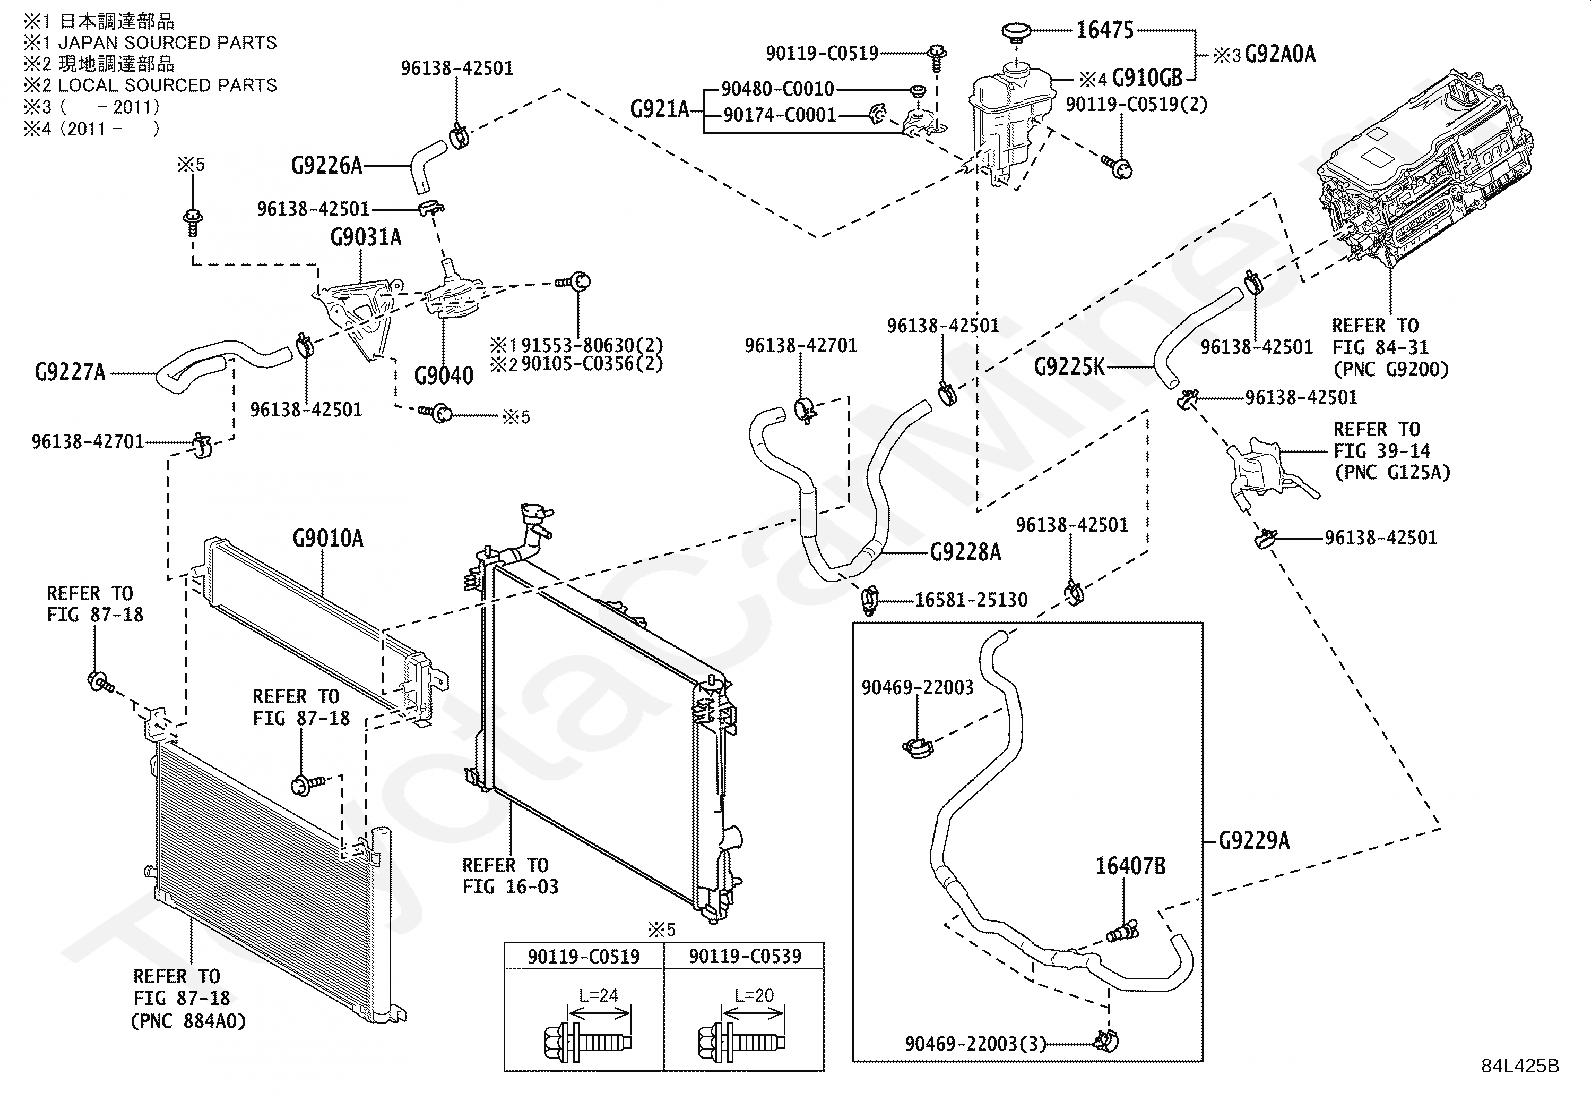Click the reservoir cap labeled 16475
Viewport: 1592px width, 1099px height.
(1016, 33)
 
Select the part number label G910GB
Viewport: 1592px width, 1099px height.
(1147, 77)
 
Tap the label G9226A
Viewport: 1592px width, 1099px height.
(327, 166)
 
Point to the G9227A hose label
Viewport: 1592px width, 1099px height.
(70, 372)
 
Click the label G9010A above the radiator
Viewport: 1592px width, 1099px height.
(328, 539)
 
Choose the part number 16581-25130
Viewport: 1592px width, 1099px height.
(971, 600)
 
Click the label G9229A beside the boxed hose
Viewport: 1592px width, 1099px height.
(1254, 841)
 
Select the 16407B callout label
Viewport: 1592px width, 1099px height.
(1130, 866)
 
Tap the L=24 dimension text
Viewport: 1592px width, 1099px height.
(598, 995)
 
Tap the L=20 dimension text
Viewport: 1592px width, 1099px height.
(754, 995)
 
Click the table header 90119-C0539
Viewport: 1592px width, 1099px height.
(745, 956)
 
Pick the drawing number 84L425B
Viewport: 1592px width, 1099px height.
(1520, 1065)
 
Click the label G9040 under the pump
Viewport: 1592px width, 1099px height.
(443, 375)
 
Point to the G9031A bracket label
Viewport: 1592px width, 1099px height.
(365, 237)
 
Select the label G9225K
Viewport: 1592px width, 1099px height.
(1069, 367)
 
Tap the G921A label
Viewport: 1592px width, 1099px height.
(660, 109)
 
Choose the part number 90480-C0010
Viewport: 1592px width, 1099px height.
(778, 89)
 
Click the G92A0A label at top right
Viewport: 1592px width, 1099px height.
(1280, 54)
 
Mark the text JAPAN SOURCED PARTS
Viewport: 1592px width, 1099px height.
(168, 43)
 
